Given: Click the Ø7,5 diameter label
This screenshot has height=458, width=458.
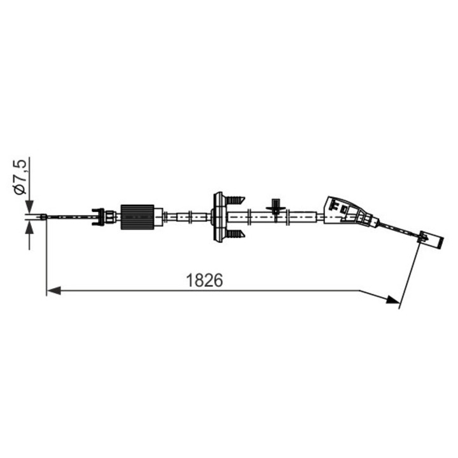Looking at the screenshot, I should (x=20, y=177).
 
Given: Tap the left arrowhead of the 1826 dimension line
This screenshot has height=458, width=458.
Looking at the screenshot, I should (x=53, y=291).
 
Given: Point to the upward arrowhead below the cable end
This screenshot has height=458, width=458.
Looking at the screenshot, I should (x=29, y=228).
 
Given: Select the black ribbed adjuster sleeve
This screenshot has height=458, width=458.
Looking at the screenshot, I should (x=137, y=217).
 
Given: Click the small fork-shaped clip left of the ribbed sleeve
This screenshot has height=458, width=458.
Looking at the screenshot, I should (x=98, y=217).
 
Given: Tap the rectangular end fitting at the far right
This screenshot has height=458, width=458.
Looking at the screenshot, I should (x=434, y=239).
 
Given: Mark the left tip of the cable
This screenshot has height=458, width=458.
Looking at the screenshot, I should (x=42, y=218).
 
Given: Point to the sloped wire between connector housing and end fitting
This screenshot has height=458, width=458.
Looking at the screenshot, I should (x=398, y=230).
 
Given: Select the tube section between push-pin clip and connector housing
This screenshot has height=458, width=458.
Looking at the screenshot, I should (x=305, y=217).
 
